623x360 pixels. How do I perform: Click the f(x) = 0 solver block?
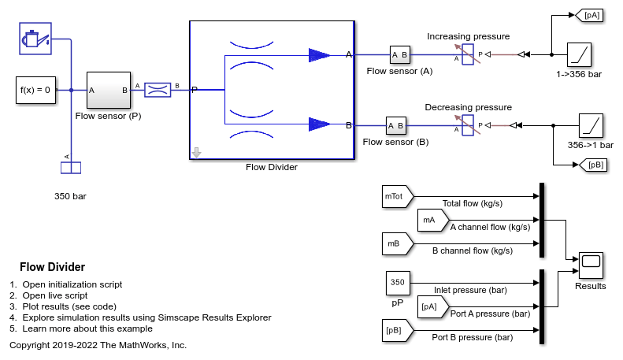[x=35, y=90]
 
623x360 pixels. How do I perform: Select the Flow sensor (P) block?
[x=108, y=90]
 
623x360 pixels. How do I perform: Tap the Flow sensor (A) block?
[x=400, y=54]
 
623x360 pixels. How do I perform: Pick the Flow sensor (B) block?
[x=396, y=125]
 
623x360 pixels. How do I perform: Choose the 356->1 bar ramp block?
[x=591, y=125]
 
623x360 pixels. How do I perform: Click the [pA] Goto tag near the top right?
[x=590, y=14]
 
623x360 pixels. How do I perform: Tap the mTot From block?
[x=394, y=195]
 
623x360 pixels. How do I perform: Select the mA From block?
[x=428, y=221]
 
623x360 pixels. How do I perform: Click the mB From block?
[x=394, y=245]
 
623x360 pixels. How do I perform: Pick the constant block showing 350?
[x=398, y=282]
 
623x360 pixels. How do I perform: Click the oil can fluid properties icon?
[x=35, y=38]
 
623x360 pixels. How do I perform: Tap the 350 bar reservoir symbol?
[x=71, y=167]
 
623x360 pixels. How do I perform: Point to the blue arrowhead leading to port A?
[x=319, y=54]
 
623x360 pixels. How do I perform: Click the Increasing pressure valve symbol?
[x=467, y=54]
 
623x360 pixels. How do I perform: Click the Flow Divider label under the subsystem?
[x=272, y=167]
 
